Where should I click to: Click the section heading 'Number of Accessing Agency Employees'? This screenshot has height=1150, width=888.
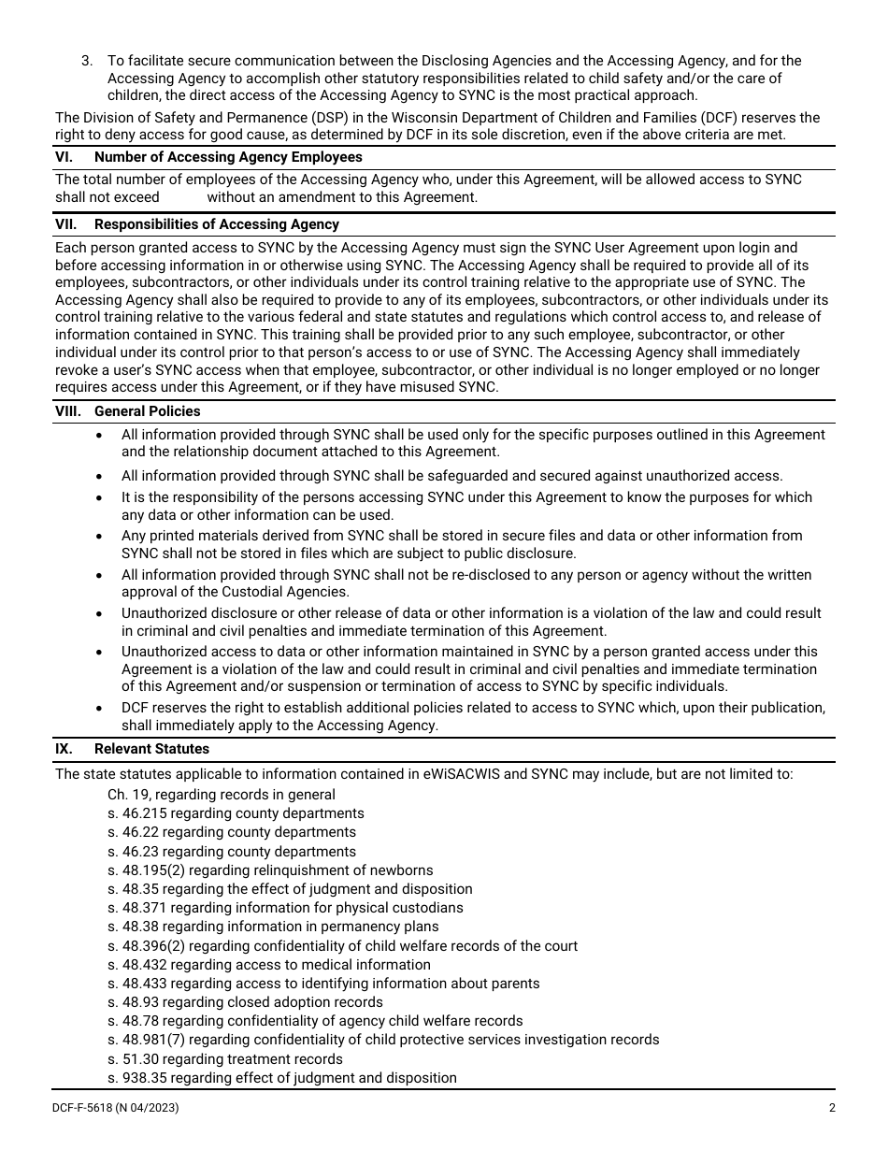[228, 157]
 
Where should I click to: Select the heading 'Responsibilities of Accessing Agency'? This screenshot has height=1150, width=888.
[216, 224]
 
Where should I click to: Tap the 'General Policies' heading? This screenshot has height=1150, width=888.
[147, 411]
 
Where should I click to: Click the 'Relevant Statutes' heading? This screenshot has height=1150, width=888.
[151, 749]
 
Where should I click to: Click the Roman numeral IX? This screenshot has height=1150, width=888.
[64, 749]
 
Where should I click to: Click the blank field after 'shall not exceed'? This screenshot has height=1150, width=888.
[183, 197]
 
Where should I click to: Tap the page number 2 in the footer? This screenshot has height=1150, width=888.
[831, 1109]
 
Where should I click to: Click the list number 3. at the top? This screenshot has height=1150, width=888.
[87, 61]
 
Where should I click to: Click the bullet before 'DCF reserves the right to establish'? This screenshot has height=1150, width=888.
[100, 708]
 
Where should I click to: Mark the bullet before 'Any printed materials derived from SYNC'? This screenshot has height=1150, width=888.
[100, 537]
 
